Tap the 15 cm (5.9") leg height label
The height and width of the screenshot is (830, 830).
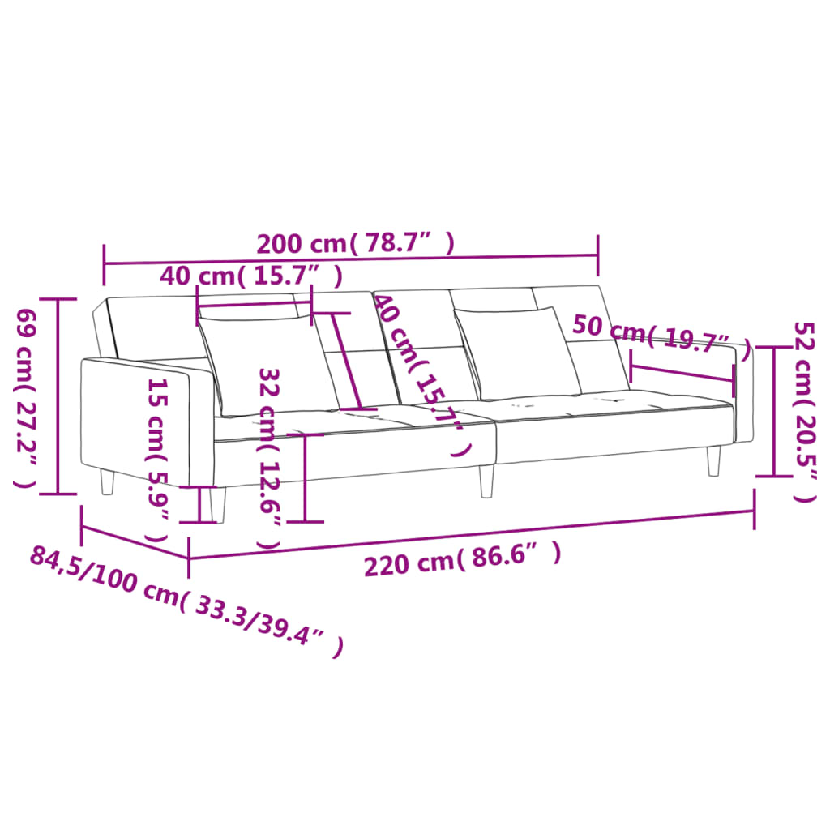click(x=157, y=459)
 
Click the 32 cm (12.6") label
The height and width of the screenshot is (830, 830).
click(x=270, y=458)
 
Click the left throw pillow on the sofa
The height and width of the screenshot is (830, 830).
click(x=267, y=365)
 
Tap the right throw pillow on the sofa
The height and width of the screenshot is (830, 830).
click(x=519, y=353)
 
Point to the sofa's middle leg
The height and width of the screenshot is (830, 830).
click(x=486, y=480)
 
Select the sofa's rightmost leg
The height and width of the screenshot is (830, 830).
click(x=713, y=461)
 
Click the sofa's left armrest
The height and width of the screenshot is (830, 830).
click(x=138, y=421)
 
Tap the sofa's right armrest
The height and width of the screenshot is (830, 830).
click(x=744, y=397)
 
